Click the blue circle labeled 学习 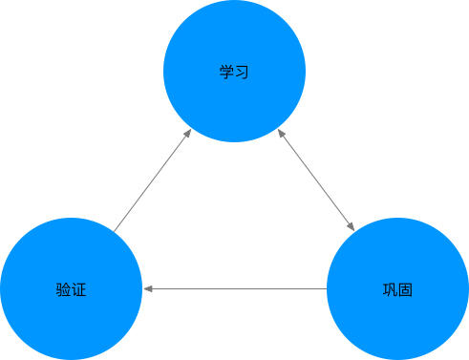pos(234,72)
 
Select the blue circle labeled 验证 pos(71,287)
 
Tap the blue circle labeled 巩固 pos(397,287)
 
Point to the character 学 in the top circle pos(226,72)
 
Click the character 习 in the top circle pos(242,72)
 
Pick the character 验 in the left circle pos(63,288)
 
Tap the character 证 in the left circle pos(78,288)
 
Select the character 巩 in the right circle pos(390,288)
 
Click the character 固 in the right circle pos(405,288)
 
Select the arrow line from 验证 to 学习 pos(151,182)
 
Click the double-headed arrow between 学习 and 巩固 pos(316,181)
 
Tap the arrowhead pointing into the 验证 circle pos(147,287)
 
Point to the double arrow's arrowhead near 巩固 pos(351,227)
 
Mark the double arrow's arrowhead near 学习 pos(282,135)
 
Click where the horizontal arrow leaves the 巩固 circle pos(326,287)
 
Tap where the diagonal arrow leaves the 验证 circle pos(115,231)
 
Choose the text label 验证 pos(71,288)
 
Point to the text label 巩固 pos(397,288)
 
